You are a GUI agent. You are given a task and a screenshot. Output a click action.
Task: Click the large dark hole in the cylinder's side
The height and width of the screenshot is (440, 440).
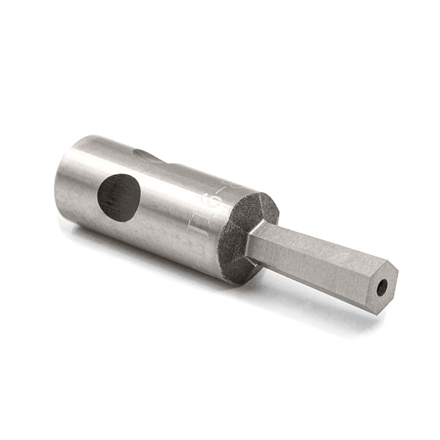tap(119, 197)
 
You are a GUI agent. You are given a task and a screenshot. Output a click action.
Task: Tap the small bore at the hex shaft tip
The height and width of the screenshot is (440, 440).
tap(382, 288)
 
